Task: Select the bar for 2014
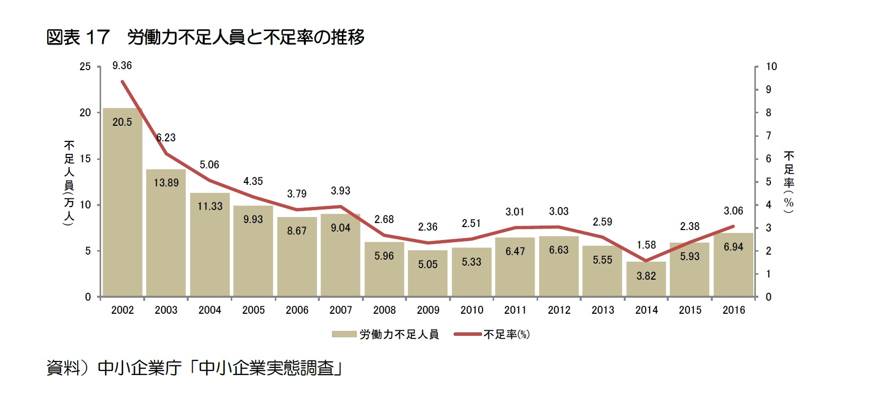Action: [646, 280]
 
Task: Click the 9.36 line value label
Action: [122, 66]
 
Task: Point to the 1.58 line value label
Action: [646, 245]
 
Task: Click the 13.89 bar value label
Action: [166, 183]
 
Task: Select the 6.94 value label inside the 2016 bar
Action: [733, 247]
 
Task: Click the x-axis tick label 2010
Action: [472, 310]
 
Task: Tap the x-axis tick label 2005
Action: [253, 310]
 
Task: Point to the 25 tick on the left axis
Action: [85, 67]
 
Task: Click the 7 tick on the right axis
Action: [769, 136]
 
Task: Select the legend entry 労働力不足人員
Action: [398, 334]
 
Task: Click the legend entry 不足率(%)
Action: [506, 334]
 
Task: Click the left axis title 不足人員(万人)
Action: [69, 183]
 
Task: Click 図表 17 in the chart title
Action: [78, 38]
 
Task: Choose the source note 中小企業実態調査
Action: [265, 368]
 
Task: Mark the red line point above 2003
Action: [166, 153]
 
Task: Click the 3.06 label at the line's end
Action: [733, 211]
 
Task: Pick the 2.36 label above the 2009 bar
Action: [427, 227]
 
